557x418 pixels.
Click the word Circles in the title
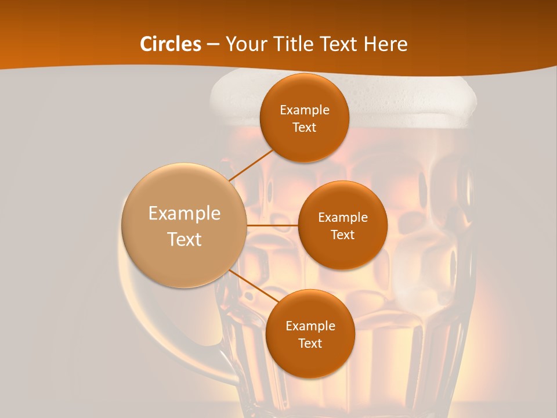[x=170, y=44]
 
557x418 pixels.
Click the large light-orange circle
[x=184, y=225]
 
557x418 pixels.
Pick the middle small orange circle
[x=342, y=225]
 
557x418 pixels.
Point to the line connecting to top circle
[x=251, y=164]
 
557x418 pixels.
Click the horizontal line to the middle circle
[x=272, y=225]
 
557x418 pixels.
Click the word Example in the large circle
[x=184, y=214]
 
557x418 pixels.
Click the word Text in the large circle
[x=184, y=239]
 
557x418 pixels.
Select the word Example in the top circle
[x=304, y=110]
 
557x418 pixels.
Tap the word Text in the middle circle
[x=342, y=235]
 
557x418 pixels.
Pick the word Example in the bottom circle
[x=310, y=326]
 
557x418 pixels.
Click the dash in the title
[x=213, y=45]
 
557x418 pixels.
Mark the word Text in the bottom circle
[x=310, y=343]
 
